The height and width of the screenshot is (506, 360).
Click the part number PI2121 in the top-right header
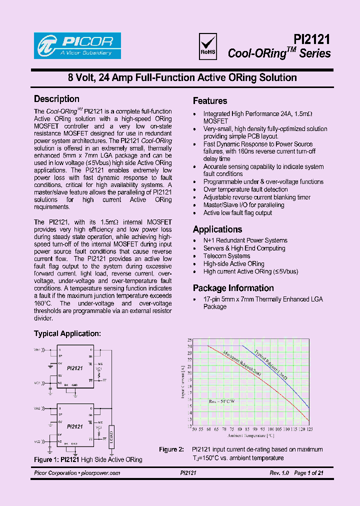tap(311, 39)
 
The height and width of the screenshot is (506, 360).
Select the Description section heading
tap(56, 99)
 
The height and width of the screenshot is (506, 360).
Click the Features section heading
tap(210, 100)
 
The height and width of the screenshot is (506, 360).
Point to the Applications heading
tap(217, 229)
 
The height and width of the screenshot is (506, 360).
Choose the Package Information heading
tap(233, 288)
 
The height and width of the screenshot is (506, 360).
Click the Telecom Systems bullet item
tap(226, 256)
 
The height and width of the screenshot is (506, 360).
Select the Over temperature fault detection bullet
tap(245, 189)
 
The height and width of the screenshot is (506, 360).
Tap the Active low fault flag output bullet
tap(237, 213)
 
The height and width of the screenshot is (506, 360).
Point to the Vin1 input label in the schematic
tap(37, 349)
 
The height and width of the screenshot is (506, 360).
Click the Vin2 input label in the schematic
tap(37, 408)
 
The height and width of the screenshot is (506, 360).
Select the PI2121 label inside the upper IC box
tap(74, 367)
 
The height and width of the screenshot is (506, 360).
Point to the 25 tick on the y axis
tap(189, 340)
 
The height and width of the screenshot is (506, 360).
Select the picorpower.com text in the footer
tap(100, 473)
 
